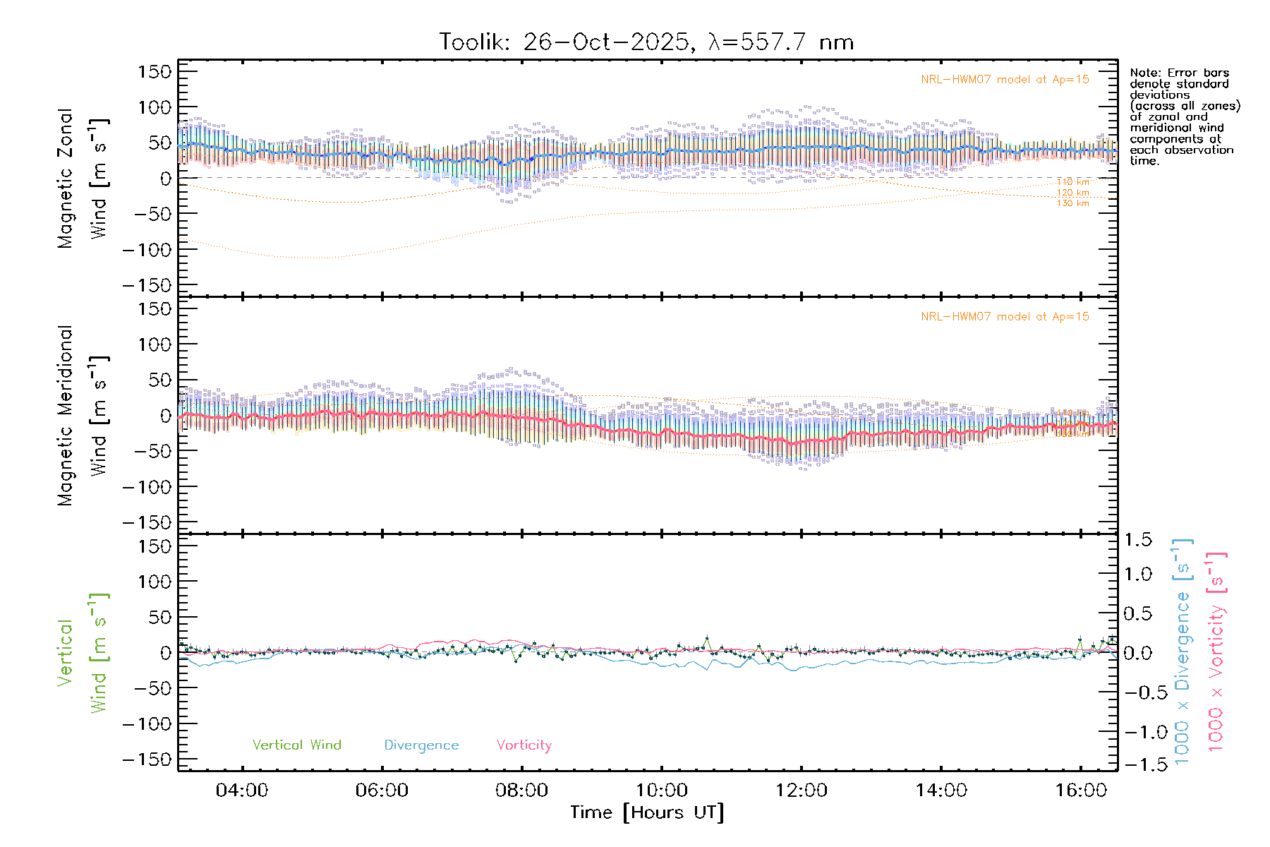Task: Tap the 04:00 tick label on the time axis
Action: pyautogui.click(x=242, y=791)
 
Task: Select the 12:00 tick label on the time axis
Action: pyautogui.click(x=802, y=791)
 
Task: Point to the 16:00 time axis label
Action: pyautogui.click(x=1081, y=791)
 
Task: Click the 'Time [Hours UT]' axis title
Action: pyautogui.click(x=647, y=812)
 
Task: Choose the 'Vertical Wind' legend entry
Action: pyautogui.click(x=296, y=745)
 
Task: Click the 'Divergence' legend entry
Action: pyautogui.click(x=421, y=745)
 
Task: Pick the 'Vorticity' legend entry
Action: pyautogui.click(x=524, y=745)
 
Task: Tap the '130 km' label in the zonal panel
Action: pyautogui.click(x=1072, y=203)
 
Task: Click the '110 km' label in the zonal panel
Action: pyautogui.click(x=1072, y=182)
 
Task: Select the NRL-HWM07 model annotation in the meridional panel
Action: pyautogui.click(x=1005, y=317)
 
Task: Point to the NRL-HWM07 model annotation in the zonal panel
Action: pyautogui.click(x=1005, y=80)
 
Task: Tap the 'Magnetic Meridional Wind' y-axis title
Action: pyautogui.click(x=83, y=416)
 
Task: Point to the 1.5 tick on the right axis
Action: pyautogui.click(x=1138, y=540)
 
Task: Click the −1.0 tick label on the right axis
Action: pyautogui.click(x=1138, y=732)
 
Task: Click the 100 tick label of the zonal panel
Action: pyautogui.click(x=155, y=107)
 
